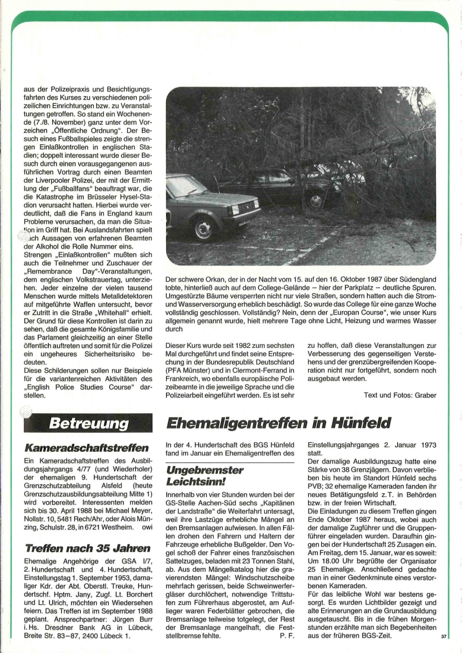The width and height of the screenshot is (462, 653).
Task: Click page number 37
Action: (443, 636)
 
